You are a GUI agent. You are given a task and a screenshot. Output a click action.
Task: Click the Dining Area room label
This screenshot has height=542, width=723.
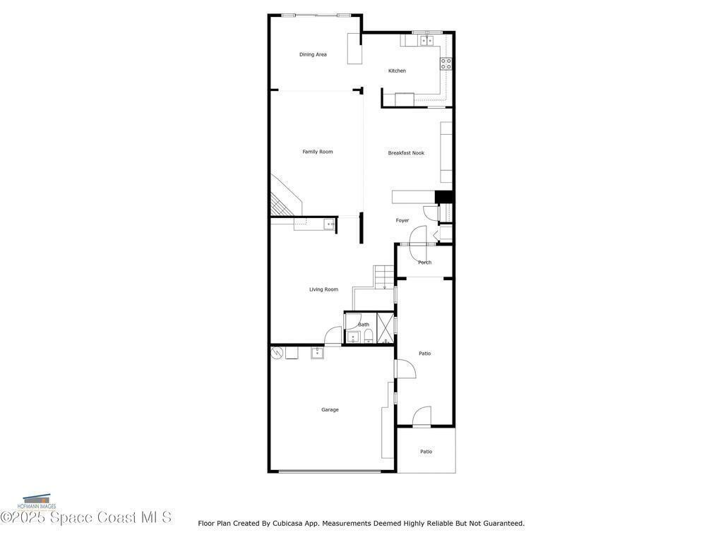click(313, 54)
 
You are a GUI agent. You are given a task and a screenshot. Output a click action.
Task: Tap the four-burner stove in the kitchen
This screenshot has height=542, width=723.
click(446, 64)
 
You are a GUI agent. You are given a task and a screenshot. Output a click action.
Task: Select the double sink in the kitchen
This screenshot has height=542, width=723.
click(426, 41)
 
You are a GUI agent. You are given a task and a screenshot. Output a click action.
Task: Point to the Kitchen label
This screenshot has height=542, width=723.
click(397, 71)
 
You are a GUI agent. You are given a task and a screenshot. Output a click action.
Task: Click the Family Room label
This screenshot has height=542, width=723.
click(317, 152)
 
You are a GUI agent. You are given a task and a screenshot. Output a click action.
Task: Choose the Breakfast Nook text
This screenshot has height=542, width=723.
click(406, 153)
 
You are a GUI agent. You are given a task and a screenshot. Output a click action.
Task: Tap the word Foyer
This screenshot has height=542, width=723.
click(402, 220)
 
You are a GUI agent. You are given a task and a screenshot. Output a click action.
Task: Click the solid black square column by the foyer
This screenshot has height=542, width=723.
click(444, 197)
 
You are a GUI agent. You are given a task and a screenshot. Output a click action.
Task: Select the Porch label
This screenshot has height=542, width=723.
click(424, 263)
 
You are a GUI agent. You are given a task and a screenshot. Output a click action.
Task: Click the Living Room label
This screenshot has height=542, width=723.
click(323, 289)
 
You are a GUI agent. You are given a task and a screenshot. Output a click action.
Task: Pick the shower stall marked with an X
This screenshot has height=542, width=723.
click(385, 328)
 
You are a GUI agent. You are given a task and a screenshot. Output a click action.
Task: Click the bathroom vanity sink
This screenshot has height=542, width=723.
click(353, 337)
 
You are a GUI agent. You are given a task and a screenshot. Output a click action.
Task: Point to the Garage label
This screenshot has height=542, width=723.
click(330, 410)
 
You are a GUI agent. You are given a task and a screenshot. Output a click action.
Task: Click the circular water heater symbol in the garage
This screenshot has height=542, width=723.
click(277, 353)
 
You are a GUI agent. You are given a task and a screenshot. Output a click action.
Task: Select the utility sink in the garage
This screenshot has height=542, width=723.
click(317, 353)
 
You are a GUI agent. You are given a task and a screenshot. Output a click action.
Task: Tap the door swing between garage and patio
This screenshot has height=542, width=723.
click(406, 368)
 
